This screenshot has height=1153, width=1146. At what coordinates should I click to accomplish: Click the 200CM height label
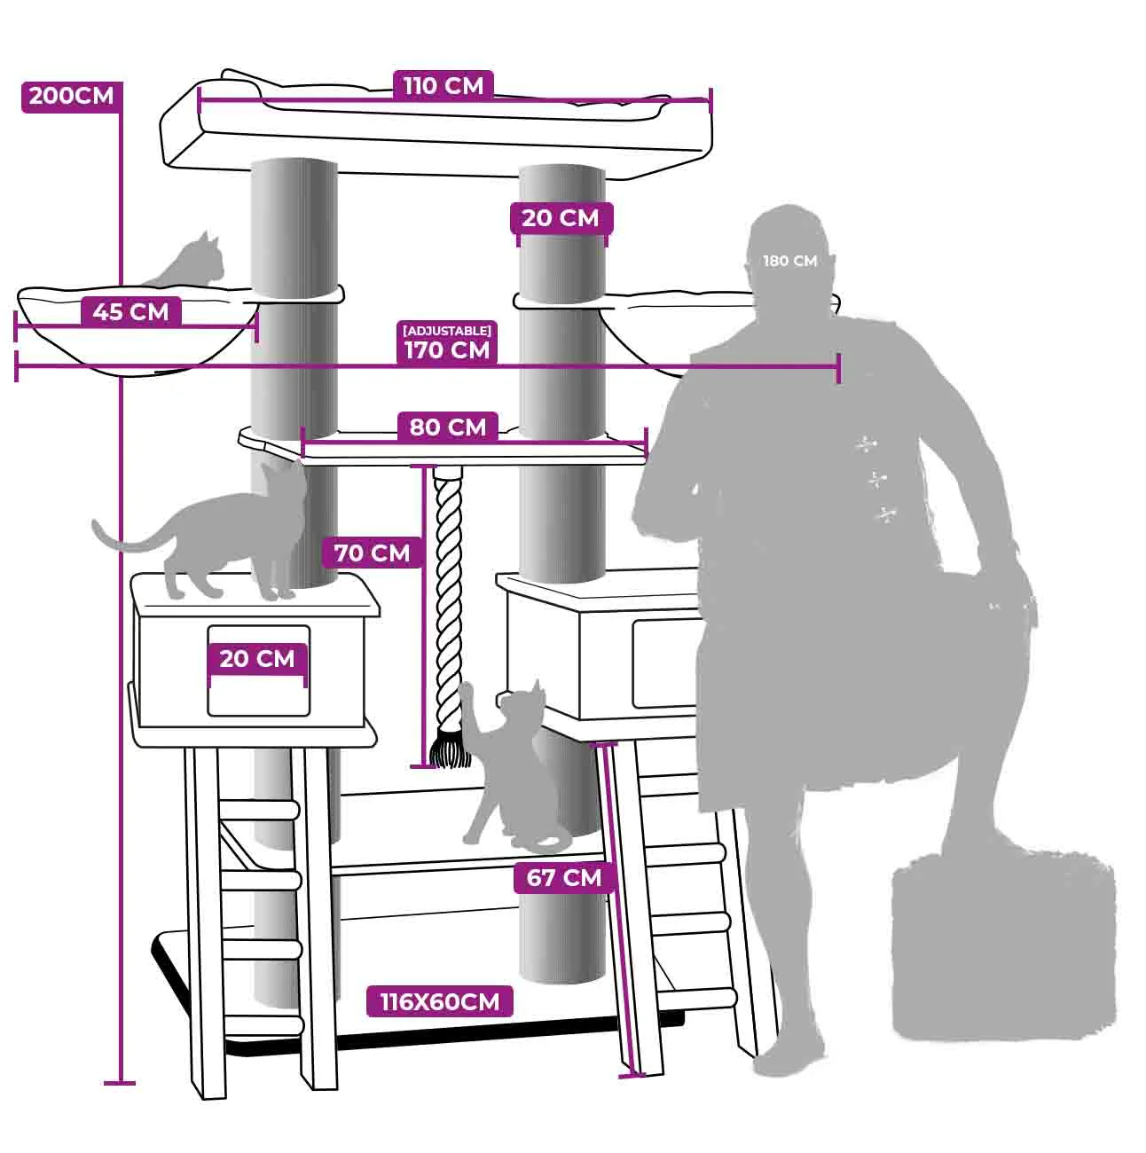click(71, 97)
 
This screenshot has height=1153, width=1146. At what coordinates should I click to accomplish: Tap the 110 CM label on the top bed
click(443, 86)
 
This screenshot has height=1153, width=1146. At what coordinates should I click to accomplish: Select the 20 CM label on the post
click(561, 218)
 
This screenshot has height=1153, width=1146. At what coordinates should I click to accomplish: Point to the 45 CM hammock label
click(130, 312)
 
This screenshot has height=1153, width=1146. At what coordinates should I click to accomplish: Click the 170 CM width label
click(447, 350)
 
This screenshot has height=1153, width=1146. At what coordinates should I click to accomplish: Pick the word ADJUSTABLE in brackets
click(447, 330)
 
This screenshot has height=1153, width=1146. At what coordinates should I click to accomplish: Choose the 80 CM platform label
click(448, 427)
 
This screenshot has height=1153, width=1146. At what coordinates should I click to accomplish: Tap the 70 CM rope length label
click(373, 553)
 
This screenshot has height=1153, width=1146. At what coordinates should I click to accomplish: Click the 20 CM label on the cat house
click(257, 659)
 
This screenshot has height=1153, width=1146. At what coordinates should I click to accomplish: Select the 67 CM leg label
click(564, 878)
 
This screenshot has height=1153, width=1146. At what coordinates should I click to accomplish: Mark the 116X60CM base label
click(440, 1001)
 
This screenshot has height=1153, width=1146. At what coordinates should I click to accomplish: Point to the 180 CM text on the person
click(790, 261)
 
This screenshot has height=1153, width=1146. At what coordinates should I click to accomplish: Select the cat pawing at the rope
click(508, 769)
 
